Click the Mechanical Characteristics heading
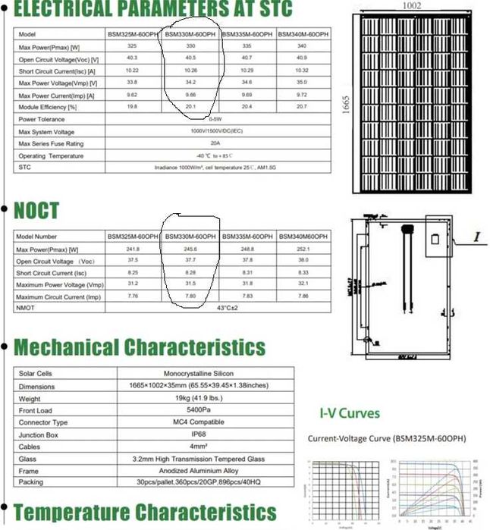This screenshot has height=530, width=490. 140,347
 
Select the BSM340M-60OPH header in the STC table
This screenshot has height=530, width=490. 303,36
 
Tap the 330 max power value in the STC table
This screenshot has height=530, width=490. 190,47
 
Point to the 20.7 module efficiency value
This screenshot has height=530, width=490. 303,107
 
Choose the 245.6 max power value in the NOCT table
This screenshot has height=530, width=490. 190,249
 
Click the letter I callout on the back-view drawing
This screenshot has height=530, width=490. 479,237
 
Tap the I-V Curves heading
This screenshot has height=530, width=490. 349,414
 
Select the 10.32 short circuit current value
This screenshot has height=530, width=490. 303,71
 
